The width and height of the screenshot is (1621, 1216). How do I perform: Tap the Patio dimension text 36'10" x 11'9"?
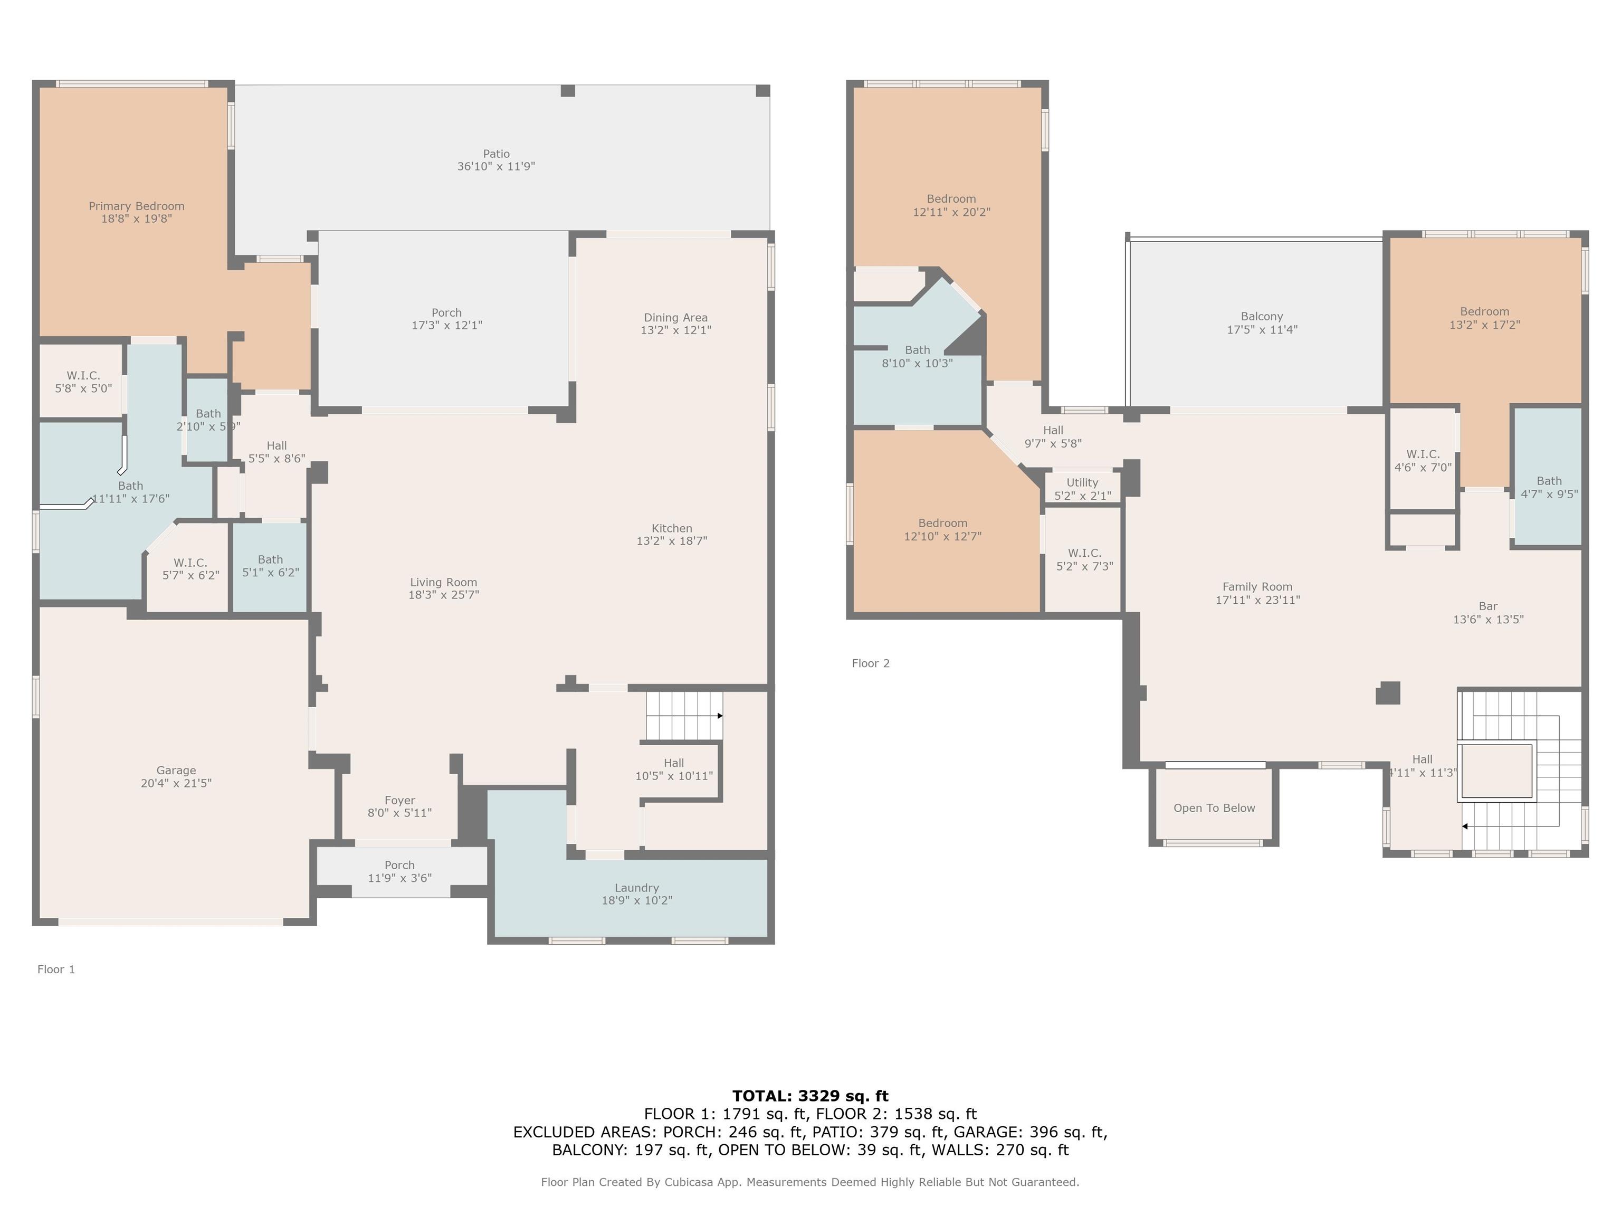point(496,166)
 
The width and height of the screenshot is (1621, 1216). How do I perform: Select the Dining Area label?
point(675,317)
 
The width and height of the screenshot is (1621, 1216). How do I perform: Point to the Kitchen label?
point(672,528)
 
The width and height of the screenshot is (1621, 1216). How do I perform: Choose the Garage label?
point(176,771)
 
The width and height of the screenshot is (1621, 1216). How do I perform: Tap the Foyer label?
point(400,801)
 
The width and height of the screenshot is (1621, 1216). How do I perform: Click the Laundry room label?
point(637,888)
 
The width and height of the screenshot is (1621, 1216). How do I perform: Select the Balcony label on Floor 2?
point(1262,317)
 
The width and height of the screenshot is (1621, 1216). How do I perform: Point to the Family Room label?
point(1257,587)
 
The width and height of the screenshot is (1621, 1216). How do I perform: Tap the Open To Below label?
point(1214,807)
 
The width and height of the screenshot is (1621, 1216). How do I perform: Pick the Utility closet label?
point(1082,482)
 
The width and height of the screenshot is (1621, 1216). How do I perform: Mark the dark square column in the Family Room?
point(1388,692)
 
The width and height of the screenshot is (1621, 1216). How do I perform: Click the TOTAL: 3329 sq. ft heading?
point(810,1096)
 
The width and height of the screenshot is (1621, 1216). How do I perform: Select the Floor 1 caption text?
point(56,969)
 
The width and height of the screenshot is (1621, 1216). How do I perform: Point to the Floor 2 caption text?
point(871,663)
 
